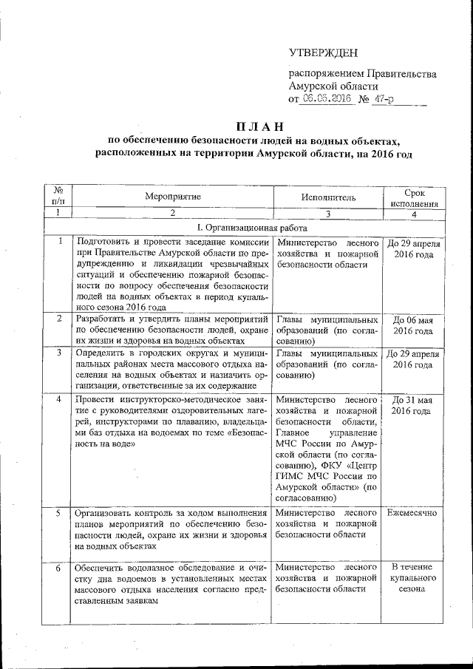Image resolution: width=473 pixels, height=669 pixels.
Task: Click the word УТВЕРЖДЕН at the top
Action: pyautogui.click(x=323, y=52)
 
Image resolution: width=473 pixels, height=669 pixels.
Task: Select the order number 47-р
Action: pyautogui.click(x=382, y=99)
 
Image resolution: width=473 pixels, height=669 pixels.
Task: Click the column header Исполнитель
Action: pyautogui.click(x=328, y=197)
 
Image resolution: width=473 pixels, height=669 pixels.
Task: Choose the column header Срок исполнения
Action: pyautogui.click(x=414, y=197)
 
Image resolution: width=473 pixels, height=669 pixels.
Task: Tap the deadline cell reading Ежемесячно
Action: pyautogui.click(x=415, y=512)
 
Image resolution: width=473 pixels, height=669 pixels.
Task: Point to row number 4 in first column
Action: pyautogui.click(x=58, y=399)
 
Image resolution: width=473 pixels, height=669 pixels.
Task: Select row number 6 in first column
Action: pyautogui.click(x=58, y=567)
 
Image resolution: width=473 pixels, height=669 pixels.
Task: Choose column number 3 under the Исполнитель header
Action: pyautogui.click(x=328, y=214)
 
